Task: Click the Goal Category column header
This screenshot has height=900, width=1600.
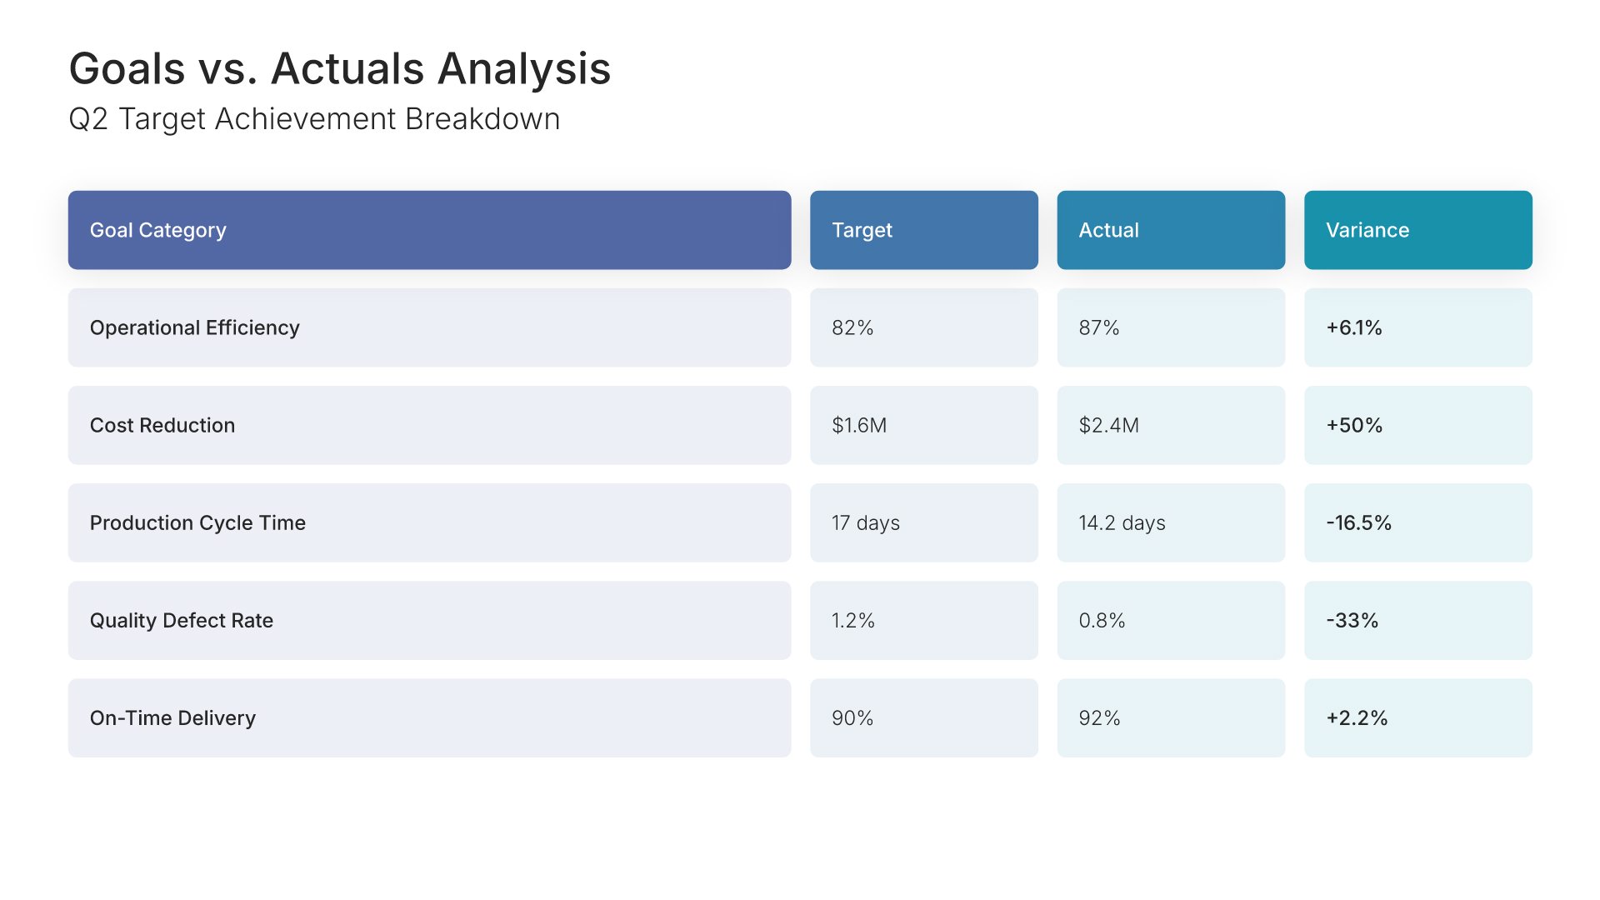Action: click(x=157, y=230)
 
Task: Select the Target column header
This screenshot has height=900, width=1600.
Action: click(x=862, y=230)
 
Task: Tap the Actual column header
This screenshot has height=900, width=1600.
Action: click(x=1108, y=230)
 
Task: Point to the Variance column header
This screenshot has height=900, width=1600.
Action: click(x=1367, y=230)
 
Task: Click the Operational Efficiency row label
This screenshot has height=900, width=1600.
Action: click(x=194, y=327)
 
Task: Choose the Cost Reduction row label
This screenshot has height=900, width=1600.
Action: click(x=162, y=425)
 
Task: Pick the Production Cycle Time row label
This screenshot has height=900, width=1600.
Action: click(x=197, y=522)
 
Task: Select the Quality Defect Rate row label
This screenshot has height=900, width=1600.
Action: click(x=182, y=620)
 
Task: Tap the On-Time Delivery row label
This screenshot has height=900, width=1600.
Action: click(x=172, y=717)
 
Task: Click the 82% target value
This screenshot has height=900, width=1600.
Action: click(x=852, y=327)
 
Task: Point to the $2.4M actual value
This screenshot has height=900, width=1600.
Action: click(x=1108, y=425)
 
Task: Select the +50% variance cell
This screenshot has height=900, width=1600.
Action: click(x=1354, y=425)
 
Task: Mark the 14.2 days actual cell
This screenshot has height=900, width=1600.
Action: click(x=1122, y=522)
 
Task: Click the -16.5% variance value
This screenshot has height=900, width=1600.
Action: click(x=1358, y=522)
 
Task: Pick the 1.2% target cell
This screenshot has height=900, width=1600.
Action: click(x=853, y=620)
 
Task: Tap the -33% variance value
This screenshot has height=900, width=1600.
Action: click(x=1352, y=620)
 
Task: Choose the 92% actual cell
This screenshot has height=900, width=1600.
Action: click(x=1099, y=717)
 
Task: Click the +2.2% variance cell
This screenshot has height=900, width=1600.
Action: click(x=1357, y=717)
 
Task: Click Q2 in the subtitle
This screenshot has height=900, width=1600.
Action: click(x=88, y=119)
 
